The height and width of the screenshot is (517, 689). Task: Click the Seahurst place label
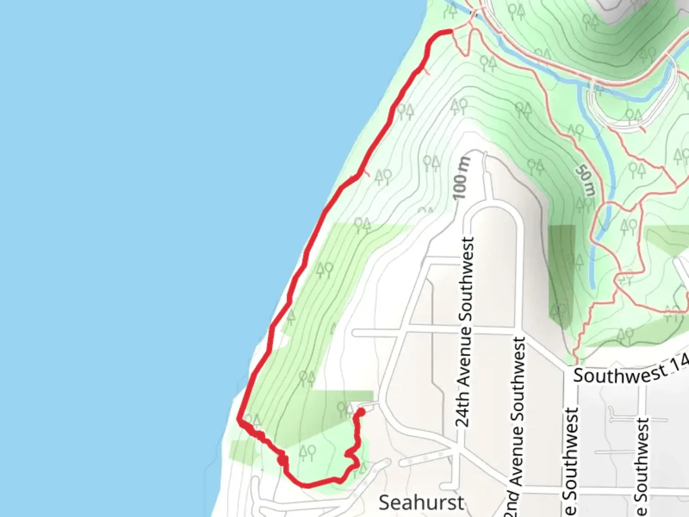point(421,502)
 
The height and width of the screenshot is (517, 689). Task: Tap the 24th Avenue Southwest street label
point(465,332)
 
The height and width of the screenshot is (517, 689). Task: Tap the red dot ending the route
point(361,412)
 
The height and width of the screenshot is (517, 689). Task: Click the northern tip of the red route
point(450,32)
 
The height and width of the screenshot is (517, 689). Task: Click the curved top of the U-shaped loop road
point(495,207)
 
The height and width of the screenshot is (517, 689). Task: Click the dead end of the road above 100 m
point(484,154)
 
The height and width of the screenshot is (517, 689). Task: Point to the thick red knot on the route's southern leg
point(282,460)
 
